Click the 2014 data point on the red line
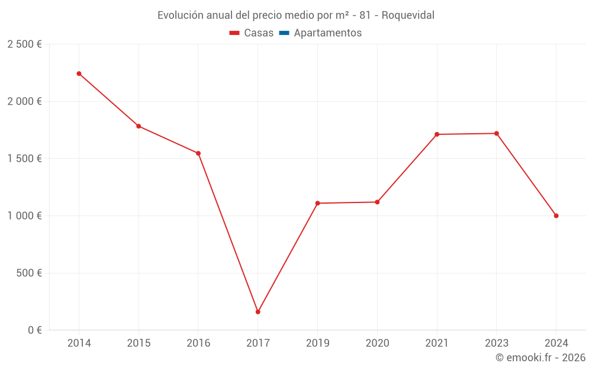(79, 73)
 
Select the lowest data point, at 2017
(258, 312)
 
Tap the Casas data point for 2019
(317, 203)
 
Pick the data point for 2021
(437, 134)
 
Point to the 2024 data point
(556, 215)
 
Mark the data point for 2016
(198, 153)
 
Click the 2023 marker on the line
(497, 133)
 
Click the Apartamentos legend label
(327, 33)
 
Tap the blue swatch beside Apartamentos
(284, 33)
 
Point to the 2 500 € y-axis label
(24, 44)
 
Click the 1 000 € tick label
(24, 216)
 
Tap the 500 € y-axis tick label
(29, 274)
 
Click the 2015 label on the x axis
(139, 343)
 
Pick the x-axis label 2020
(377, 343)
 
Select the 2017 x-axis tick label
(258, 343)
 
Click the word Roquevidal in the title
(408, 15)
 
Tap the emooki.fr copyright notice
(540, 358)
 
